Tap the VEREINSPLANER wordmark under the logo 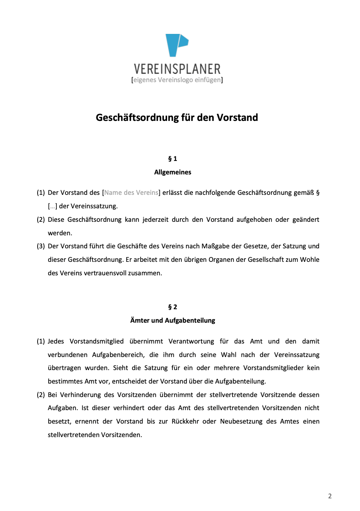point(177,69)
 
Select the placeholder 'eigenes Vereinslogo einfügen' point(177,80)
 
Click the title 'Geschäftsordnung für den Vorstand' point(177,118)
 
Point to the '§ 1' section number point(173,158)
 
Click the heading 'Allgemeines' point(172,172)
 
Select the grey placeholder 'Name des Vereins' point(131,193)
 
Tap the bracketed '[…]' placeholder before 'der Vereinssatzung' point(52,206)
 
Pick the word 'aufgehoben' point(253,220)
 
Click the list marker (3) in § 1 point(41,246)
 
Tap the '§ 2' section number point(173,307)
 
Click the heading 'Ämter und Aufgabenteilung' point(172,321)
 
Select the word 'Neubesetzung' point(240,422)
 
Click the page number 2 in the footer point(330,496)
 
